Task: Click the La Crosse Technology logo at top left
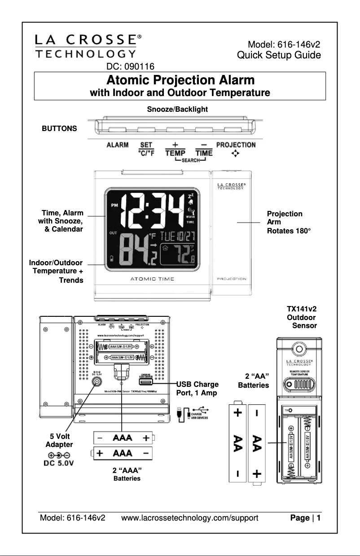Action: click(x=85, y=47)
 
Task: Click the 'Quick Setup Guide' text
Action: click(x=279, y=55)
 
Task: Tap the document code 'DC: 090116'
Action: click(x=130, y=67)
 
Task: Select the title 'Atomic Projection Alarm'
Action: click(x=180, y=80)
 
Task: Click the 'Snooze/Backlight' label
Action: click(x=177, y=109)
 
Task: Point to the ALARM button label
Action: click(x=118, y=145)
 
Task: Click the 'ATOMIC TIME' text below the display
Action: click(x=152, y=279)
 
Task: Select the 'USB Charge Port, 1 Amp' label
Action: click(x=198, y=389)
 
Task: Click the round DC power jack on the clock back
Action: click(x=96, y=381)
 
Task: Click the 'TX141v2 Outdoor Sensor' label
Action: click(x=302, y=317)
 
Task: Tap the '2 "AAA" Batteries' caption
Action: click(x=127, y=474)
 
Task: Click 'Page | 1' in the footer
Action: click(x=305, y=518)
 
